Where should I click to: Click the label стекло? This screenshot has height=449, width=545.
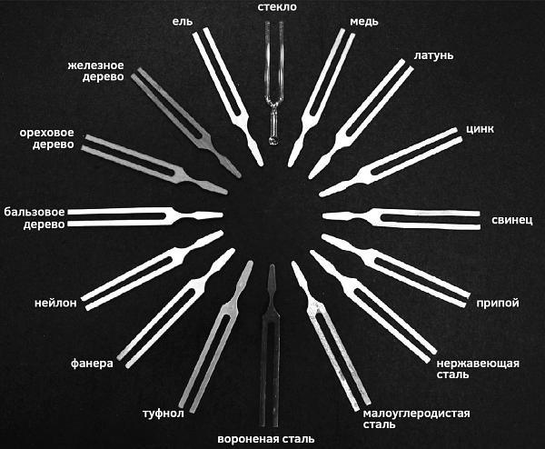point(277,7)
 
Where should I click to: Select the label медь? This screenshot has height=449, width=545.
point(363,22)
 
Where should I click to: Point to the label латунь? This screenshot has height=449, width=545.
point(433,55)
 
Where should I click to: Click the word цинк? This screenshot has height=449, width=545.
point(480,129)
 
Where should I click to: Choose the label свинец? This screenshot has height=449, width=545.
point(511,220)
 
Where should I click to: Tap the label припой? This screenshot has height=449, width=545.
point(498,303)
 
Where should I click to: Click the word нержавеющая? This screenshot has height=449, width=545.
point(478,364)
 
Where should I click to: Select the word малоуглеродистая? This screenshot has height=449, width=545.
point(416,414)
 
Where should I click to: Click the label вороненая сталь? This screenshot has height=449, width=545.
point(266,439)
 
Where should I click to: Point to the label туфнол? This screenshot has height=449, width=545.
point(163,414)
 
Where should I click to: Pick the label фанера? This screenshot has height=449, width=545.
point(92,364)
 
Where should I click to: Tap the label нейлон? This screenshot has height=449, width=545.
point(55,303)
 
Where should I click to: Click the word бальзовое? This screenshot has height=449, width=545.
point(35,212)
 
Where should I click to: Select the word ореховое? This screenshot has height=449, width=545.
point(46,133)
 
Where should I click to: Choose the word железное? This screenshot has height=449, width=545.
point(95,65)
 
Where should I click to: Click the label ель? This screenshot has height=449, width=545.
point(183,22)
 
